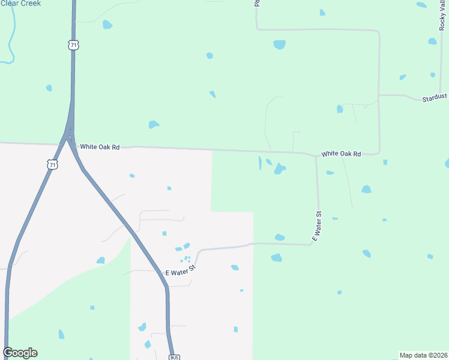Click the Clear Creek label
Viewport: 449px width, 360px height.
20,4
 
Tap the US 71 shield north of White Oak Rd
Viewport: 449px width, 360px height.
73,45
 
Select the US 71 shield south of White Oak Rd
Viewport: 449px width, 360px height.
52,164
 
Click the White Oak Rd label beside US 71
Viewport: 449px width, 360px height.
100,146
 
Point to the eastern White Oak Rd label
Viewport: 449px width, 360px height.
341,154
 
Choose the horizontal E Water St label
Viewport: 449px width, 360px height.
181,273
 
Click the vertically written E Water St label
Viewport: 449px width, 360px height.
317,226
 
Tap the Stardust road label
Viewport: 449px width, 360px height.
435,97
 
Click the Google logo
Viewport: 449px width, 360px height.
20,353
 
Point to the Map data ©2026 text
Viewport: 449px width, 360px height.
424,355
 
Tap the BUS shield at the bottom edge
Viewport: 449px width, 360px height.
174,357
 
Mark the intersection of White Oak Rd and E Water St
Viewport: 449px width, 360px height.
316,157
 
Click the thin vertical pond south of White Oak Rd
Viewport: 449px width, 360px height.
260,163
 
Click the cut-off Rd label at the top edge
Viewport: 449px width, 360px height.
256,3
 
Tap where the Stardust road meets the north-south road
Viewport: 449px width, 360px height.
379,94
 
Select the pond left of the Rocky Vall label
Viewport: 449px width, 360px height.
422,5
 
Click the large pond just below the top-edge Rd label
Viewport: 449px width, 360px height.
279,44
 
